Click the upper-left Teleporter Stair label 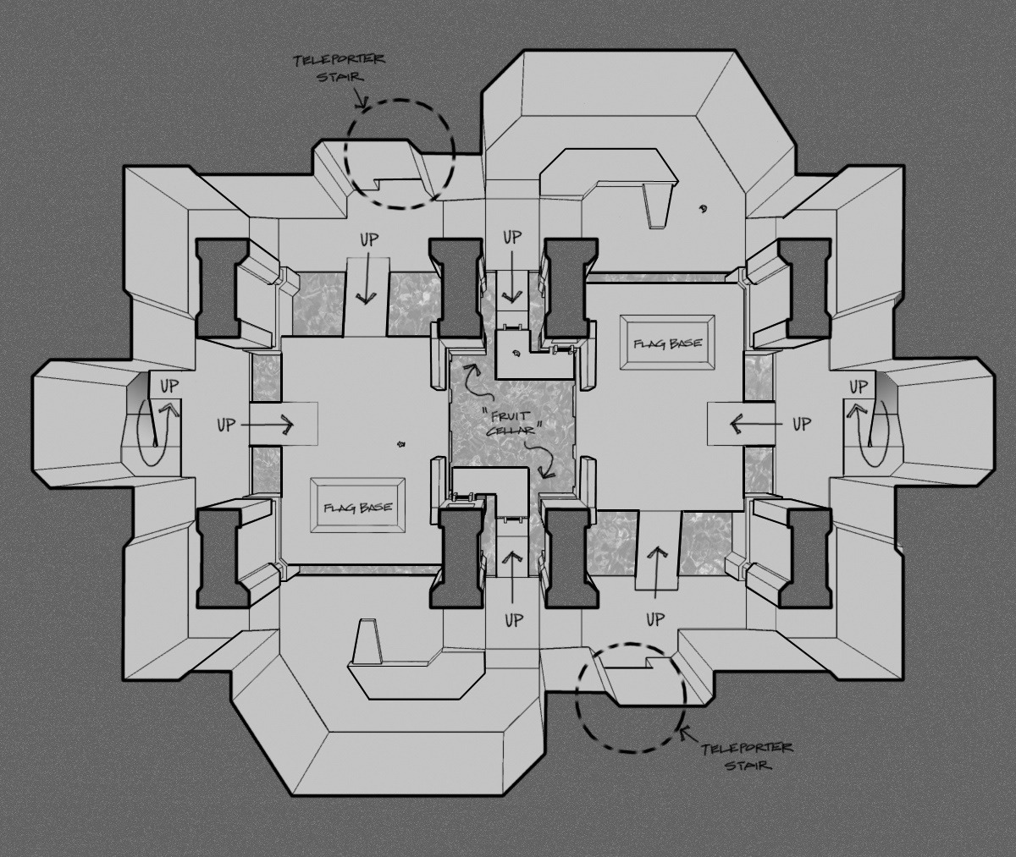click(x=339, y=68)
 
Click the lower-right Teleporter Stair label click(x=748, y=756)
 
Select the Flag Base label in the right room click(x=668, y=343)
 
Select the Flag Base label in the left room click(x=357, y=508)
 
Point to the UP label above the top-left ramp click(x=369, y=240)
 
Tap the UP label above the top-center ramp click(x=511, y=237)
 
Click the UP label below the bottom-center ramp click(x=514, y=620)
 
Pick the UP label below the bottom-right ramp click(x=655, y=619)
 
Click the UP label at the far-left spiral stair click(x=169, y=387)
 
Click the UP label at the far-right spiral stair click(x=859, y=387)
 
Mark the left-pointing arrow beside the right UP click(x=756, y=425)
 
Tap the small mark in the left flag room click(x=401, y=443)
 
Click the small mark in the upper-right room click(x=702, y=209)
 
